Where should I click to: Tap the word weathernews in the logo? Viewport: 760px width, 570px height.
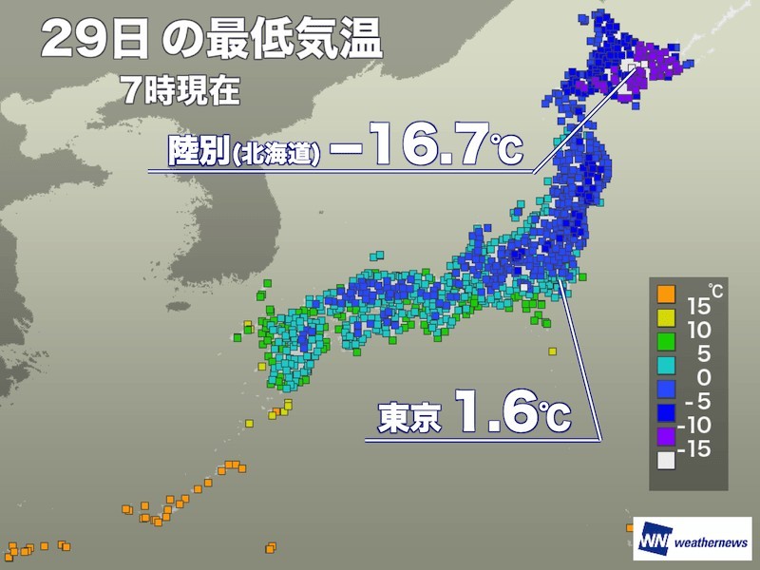click(x=712, y=538)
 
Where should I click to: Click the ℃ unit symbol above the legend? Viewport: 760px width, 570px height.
click(x=715, y=290)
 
